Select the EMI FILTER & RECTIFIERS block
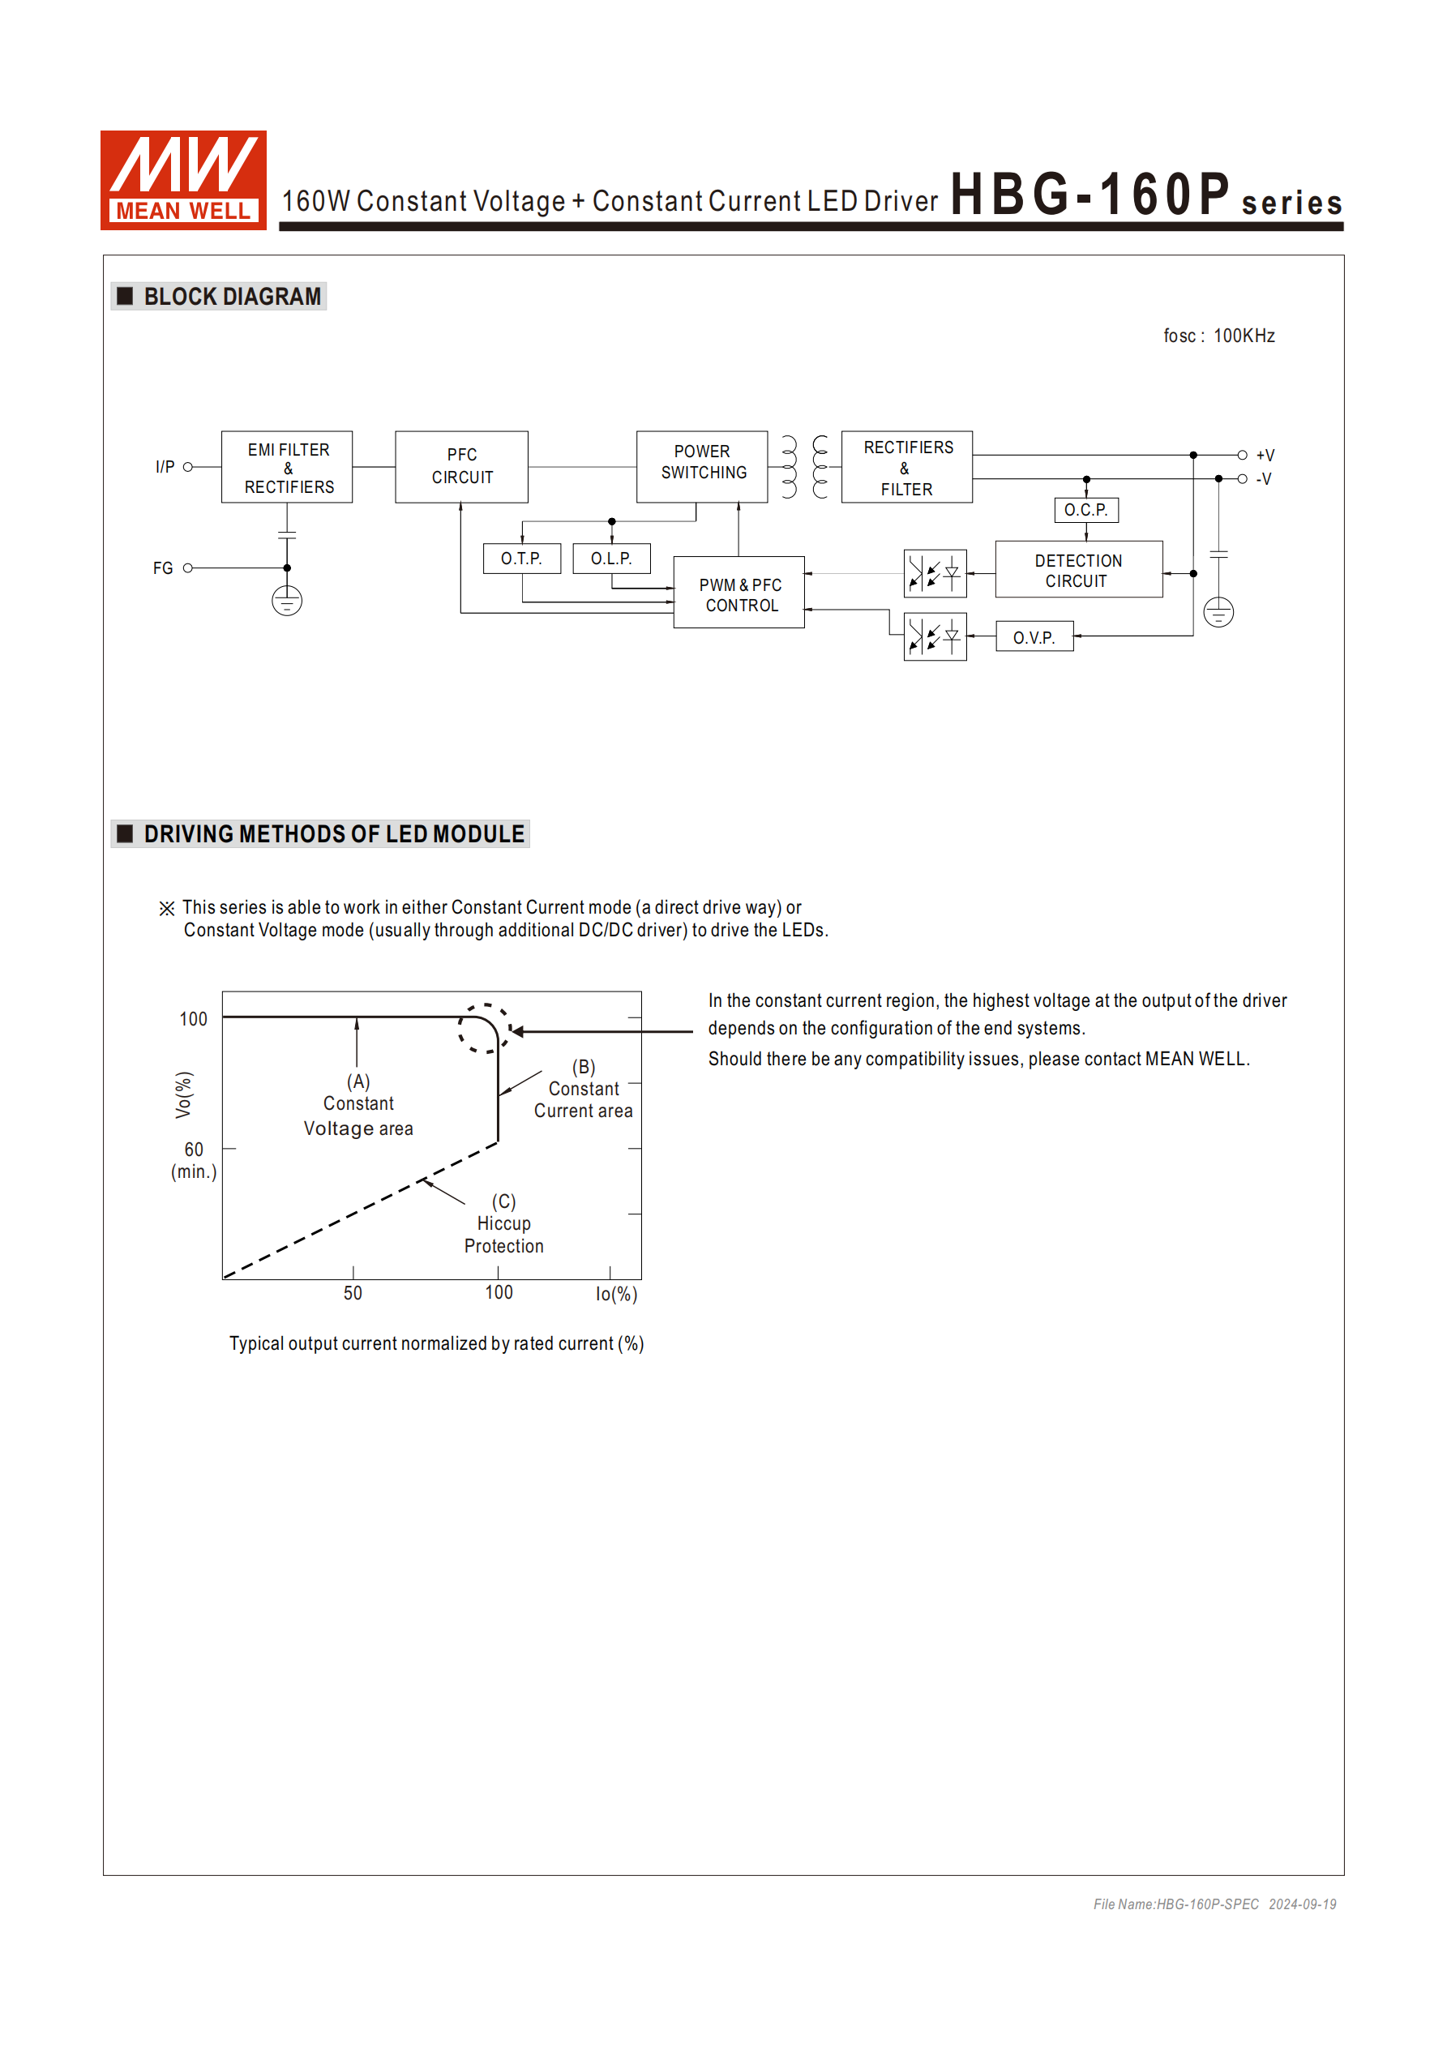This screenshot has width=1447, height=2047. click(287, 468)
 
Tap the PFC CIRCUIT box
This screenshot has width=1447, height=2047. click(462, 467)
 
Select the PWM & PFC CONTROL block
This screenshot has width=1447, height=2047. click(739, 593)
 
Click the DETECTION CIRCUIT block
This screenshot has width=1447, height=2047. click(1079, 570)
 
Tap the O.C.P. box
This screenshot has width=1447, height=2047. click(1086, 510)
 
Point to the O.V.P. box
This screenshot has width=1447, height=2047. click(1034, 637)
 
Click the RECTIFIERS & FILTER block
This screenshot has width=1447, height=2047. click(907, 468)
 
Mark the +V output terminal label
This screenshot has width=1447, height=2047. click(1265, 456)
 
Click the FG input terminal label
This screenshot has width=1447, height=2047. click(162, 569)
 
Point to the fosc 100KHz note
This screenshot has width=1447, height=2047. click(1218, 336)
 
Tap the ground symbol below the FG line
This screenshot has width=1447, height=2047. click(287, 602)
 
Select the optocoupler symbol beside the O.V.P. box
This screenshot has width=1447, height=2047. click(935, 637)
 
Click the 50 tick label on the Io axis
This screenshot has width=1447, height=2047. click(353, 1294)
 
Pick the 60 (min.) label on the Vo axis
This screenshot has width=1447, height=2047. click(195, 1160)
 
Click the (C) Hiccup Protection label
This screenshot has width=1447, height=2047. click(503, 1224)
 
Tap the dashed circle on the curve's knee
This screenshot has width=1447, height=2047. click(484, 1029)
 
